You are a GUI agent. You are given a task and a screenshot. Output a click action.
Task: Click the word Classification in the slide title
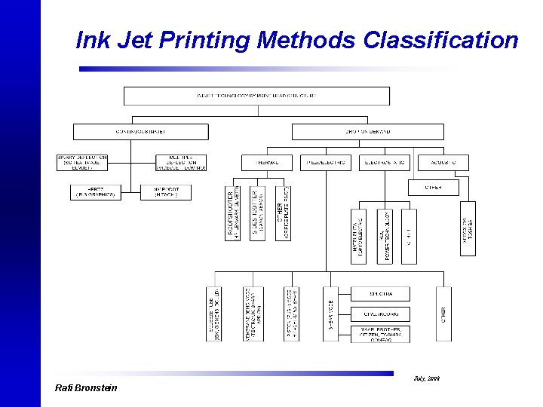pyautogui.click(x=440, y=40)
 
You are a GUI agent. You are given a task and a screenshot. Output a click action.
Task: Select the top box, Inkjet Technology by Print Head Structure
pyautogui.click(x=256, y=96)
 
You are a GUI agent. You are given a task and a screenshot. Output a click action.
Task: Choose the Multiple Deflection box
pyautogui.click(x=181, y=162)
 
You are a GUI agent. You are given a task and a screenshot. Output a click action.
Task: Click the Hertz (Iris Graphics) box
pyautogui.click(x=96, y=192)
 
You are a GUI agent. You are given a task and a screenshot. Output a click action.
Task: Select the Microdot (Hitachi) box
pyautogui.click(x=166, y=192)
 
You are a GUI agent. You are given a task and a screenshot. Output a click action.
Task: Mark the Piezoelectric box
pyautogui.click(x=325, y=162)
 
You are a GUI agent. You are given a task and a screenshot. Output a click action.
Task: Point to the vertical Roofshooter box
pyautogui.click(x=233, y=213)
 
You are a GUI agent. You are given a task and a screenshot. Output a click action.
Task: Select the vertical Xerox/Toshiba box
pyautogui.click(x=468, y=228)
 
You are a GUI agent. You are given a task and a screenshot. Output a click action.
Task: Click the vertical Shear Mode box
pyautogui.click(x=330, y=314)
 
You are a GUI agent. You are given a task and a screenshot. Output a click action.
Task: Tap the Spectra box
pyautogui.click(x=381, y=293)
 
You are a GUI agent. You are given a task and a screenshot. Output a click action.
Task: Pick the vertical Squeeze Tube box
pyautogui.click(x=214, y=314)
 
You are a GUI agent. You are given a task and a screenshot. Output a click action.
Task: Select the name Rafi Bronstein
pyautogui.click(x=86, y=388)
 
